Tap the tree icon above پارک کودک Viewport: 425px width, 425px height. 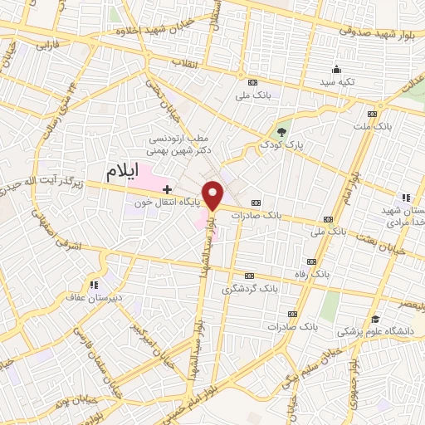(282, 131)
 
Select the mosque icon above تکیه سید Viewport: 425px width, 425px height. (336, 70)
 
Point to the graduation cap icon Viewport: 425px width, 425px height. (375, 319)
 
